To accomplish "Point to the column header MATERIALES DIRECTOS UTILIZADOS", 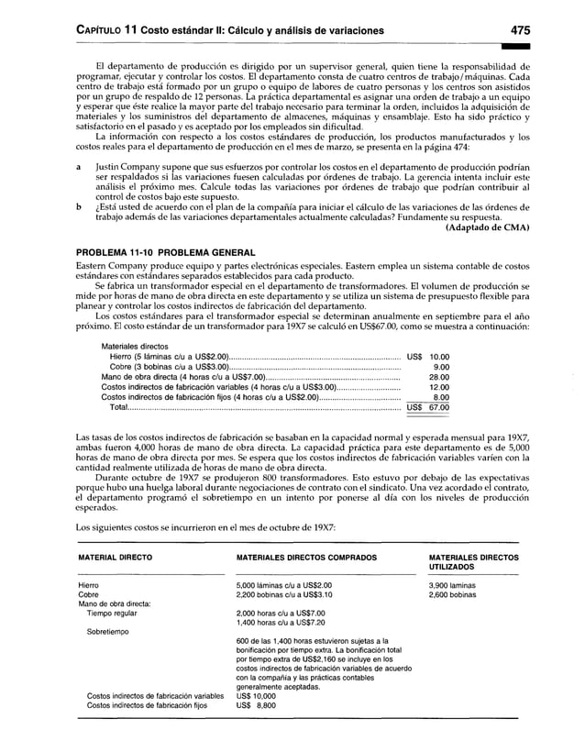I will (472, 562).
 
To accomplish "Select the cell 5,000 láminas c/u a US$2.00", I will (284, 584).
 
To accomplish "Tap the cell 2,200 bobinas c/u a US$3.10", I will (284, 594).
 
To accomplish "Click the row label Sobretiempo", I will (110, 632).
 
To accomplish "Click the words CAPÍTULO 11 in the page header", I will (102, 31).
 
